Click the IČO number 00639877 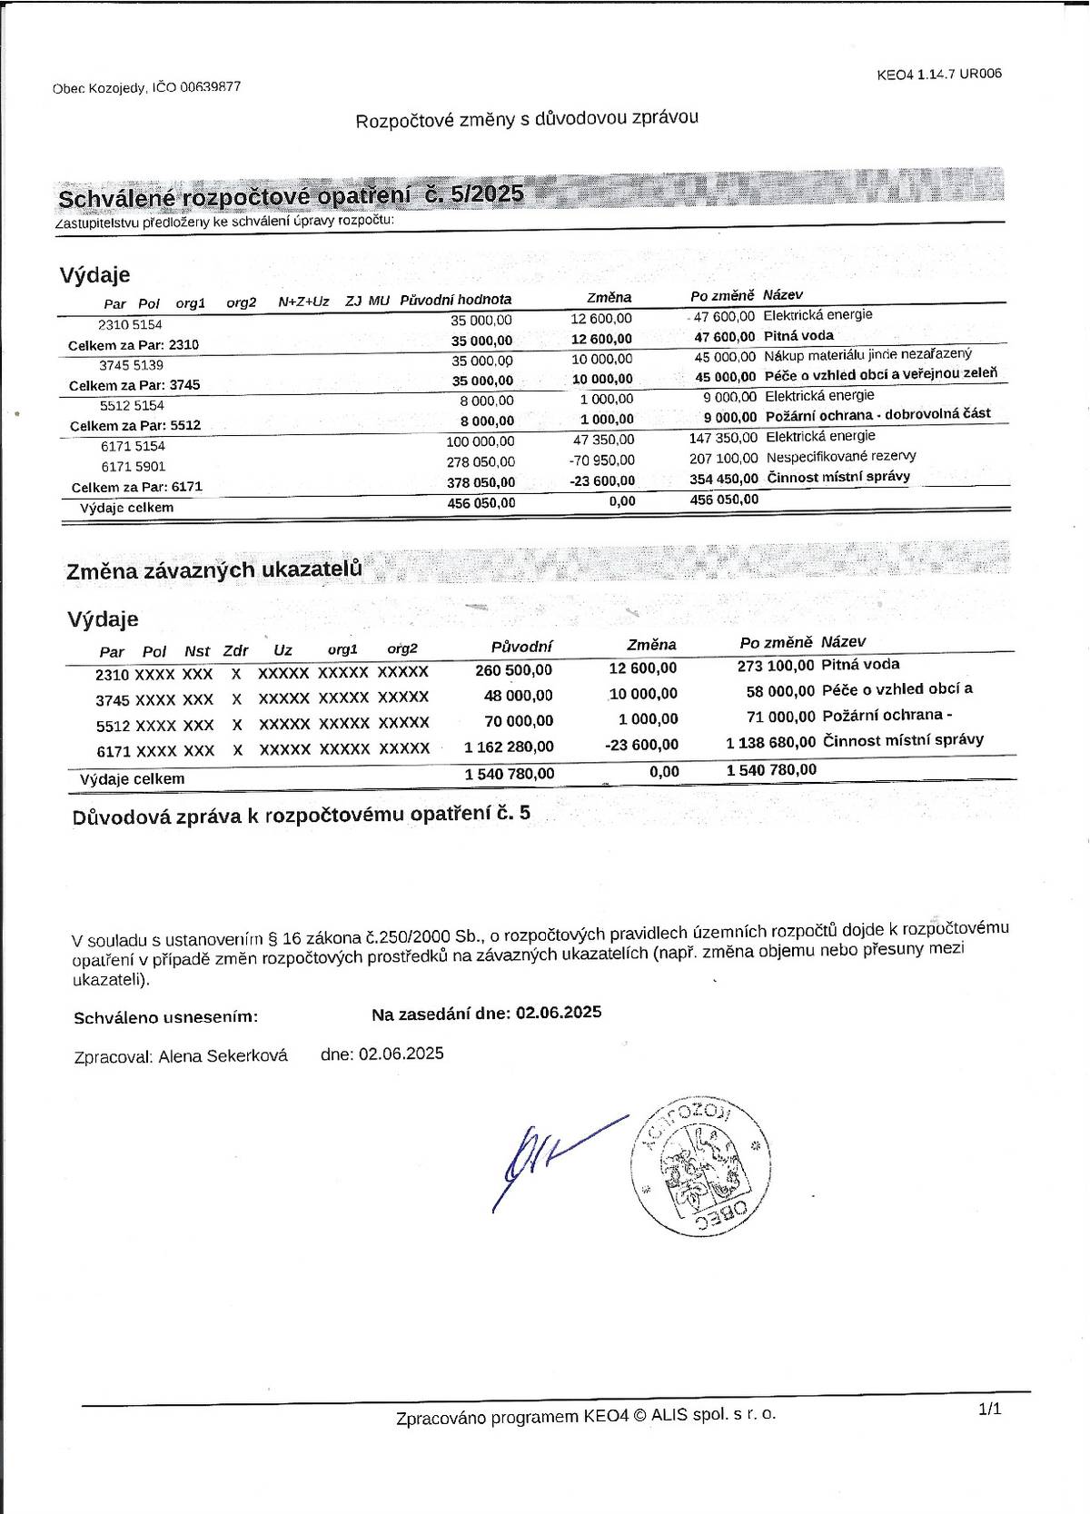coord(210,87)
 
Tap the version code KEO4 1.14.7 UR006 coord(939,74)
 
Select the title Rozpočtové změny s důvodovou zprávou coord(527,119)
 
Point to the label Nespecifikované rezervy coord(841,457)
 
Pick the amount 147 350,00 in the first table coord(723,438)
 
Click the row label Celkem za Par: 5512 coord(135,425)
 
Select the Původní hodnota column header coord(456,300)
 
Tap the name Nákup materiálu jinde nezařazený coord(867,355)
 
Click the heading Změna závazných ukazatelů coord(214,570)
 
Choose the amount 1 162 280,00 coord(509,747)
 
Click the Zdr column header coord(235,650)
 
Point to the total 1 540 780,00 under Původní coord(509,774)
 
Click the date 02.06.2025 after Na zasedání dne coord(559,1013)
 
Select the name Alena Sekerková coord(223,1055)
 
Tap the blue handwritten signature coord(545,1158)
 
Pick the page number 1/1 coord(989,1410)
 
